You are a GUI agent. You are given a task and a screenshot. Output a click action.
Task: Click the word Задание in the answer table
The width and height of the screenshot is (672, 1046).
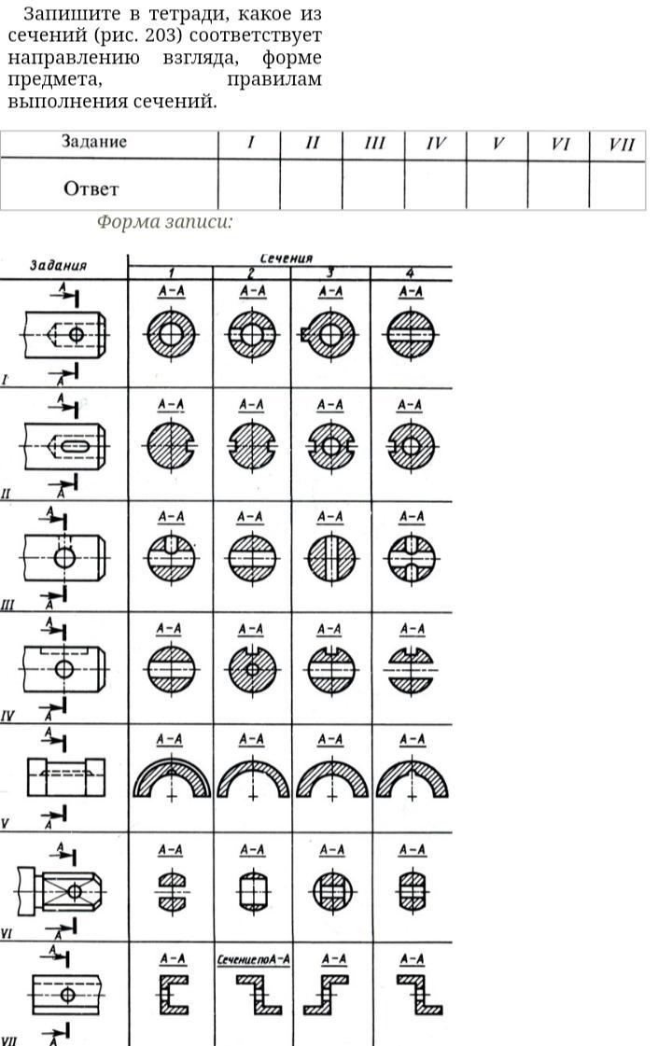pyautogui.click(x=94, y=143)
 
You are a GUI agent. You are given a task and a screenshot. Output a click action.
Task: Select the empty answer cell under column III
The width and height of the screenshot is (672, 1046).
pyautogui.click(x=373, y=187)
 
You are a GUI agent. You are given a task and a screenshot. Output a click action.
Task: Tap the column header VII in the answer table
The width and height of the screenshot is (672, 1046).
pyautogui.click(x=621, y=144)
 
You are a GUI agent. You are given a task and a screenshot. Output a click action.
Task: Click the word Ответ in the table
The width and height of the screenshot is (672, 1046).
pyautogui.click(x=91, y=188)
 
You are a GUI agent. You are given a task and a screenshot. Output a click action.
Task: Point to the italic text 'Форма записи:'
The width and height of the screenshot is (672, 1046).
pyautogui.click(x=164, y=222)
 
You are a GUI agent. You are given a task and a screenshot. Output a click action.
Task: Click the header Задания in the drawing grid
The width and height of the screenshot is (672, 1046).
pyautogui.click(x=58, y=264)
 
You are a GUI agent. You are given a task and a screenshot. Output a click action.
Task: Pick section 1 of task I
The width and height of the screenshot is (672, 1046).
pyautogui.click(x=171, y=335)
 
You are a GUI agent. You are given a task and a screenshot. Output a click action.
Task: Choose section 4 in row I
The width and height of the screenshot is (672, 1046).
pyautogui.click(x=411, y=335)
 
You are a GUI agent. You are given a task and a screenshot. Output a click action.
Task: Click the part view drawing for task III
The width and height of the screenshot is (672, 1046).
pyautogui.click(x=63, y=558)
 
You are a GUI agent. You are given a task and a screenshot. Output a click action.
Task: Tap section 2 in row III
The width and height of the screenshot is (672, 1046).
pyautogui.click(x=252, y=558)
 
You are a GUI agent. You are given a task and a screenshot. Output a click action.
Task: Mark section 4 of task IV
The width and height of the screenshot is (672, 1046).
pyautogui.click(x=412, y=669)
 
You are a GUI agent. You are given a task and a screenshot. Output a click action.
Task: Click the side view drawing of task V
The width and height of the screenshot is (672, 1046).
pyautogui.click(x=65, y=777)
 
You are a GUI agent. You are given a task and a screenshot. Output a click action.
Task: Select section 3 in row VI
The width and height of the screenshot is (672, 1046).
pyautogui.click(x=332, y=891)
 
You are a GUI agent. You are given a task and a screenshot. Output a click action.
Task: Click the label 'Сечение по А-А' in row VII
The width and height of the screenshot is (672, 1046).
pyautogui.click(x=252, y=959)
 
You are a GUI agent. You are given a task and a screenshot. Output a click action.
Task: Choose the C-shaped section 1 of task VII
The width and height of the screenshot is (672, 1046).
pyautogui.click(x=172, y=995)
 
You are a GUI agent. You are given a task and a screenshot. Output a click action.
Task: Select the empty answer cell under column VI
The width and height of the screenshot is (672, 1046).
pyautogui.click(x=558, y=187)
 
